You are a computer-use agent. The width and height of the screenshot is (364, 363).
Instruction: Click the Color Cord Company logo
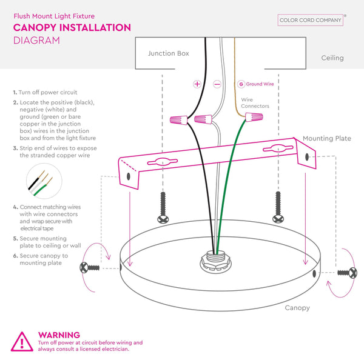pyautogui.click(x=311, y=20)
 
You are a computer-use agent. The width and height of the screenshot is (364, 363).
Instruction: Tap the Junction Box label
pyautogui.click(x=169, y=53)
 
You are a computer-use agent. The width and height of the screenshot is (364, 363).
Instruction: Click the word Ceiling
pyautogui.click(x=332, y=58)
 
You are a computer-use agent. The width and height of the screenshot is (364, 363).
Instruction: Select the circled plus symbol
pyautogui.click(x=197, y=84)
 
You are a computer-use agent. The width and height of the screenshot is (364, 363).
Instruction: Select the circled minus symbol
pyautogui.click(x=217, y=84)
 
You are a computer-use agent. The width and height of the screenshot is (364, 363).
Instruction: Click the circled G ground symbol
pyautogui.click(x=241, y=84)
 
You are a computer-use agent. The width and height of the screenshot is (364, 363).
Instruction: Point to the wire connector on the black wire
pyautogui.click(x=179, y=119)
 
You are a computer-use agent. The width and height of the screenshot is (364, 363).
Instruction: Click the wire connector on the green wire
pyautogui.click(x=254, y=116)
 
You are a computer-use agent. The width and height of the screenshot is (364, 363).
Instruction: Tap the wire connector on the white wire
pyautogui.click(x=203, y=119)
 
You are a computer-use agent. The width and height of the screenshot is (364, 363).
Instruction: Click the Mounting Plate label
pyautogui.click(x=327, y=139)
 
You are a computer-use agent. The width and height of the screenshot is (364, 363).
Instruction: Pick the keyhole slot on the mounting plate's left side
pyautogui.click(x=163, y=162)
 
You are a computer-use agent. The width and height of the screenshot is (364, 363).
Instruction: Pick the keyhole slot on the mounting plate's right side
pyautogui.click(x=278, y=148)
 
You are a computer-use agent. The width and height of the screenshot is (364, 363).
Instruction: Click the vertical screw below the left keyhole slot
pyautogui.click(x=163, y=208)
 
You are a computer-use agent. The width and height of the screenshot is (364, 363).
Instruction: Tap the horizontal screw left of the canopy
pyautogui.click(x=89, y=268)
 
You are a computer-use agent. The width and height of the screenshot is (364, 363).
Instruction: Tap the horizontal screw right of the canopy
pyautogui.click(x=348, y=273)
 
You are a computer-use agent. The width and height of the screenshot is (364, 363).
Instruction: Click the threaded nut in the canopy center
pyautogui.click(x=215, y=261)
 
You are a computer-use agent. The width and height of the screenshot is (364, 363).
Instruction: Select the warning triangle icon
pyautogui.click(x=22, y=342)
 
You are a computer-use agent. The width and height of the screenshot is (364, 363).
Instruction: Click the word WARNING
pyautogui.click(x=59, y=335)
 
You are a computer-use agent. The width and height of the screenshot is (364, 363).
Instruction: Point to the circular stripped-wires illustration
pyautogui.click(x=44, y=181)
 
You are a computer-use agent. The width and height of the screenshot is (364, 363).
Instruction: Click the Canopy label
pyautogui.click(x=297, y=308)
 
